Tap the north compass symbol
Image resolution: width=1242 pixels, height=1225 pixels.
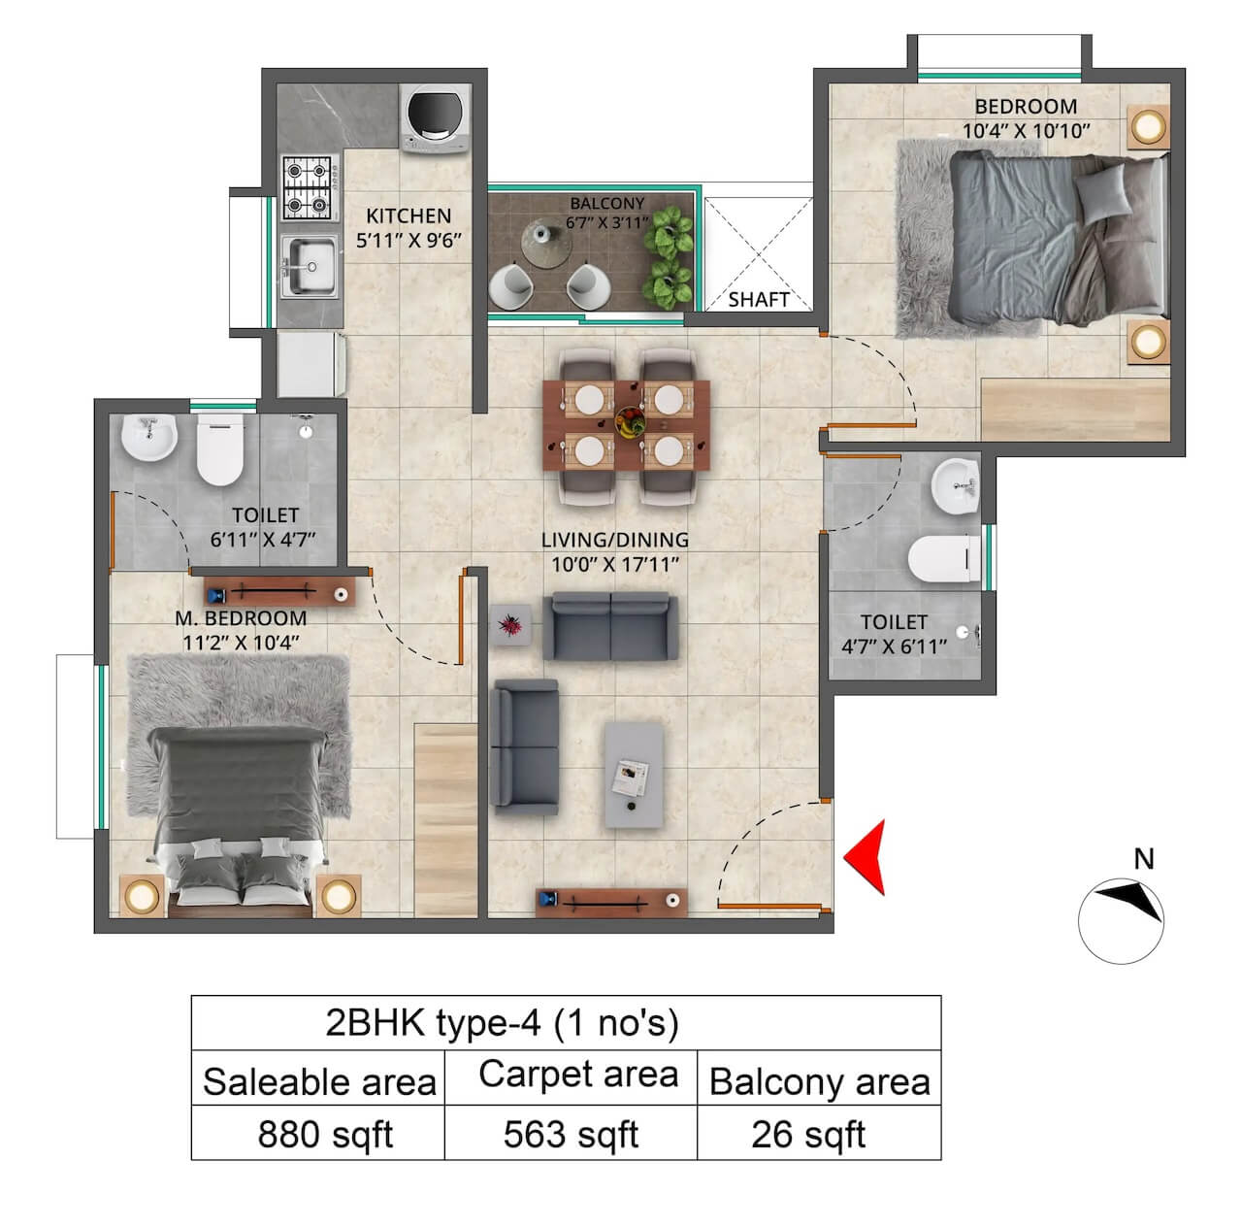point(1122,919)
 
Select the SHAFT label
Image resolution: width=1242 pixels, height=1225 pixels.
point(758,300)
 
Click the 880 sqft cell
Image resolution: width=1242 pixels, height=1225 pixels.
point(324,1134)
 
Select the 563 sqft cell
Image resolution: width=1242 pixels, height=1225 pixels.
point(571,1134)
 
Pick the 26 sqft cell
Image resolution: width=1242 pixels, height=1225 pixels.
point(808,1134)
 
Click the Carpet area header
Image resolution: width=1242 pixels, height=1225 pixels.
point(578,1075)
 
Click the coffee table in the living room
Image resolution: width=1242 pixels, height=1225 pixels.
point(634,774)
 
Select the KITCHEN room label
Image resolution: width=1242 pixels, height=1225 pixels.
point(409,215)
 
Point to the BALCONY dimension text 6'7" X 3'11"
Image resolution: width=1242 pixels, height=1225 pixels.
point(606,222)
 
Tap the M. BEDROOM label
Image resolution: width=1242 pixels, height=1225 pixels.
point(241,618)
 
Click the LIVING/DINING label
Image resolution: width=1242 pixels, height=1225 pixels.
point(614,540)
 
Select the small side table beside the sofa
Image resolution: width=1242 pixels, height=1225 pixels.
point(511,624)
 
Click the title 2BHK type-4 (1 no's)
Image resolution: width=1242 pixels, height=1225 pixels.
point(502,1023)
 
